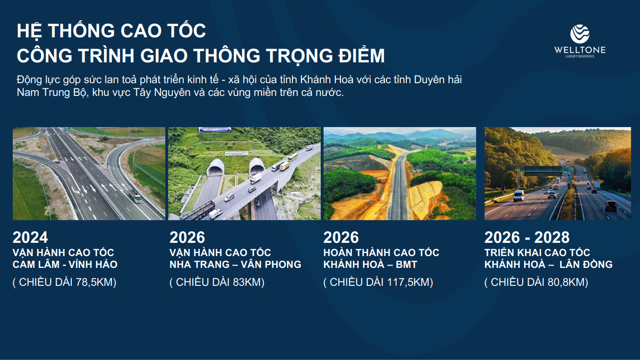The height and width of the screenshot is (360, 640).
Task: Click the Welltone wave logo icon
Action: point(580,34)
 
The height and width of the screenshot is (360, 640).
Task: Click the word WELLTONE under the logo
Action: point(580,50)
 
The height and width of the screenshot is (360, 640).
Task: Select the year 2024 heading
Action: point(30,238)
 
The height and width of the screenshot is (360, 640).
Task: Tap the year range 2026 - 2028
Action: point(527,238)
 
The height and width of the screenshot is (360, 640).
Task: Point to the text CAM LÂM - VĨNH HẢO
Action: point(65,264)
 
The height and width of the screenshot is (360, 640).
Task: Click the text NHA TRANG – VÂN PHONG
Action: point(235,264)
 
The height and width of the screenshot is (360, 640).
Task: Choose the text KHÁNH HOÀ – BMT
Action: point(370,264)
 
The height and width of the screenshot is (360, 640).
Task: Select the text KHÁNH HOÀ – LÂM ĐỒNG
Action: point(548,264)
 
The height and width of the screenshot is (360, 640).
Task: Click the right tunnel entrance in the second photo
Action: point(257,167)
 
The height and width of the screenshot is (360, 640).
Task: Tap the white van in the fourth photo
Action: point(519,196)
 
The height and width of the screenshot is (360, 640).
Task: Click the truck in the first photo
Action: point(135,196)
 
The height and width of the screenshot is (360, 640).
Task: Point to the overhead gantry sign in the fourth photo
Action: point(544,171)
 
